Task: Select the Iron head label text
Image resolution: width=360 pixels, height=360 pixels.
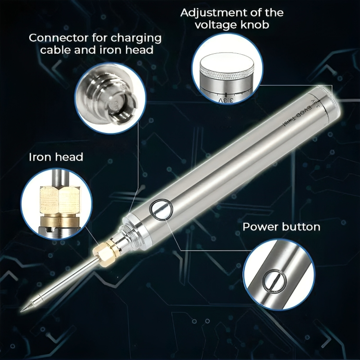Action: [56, 157]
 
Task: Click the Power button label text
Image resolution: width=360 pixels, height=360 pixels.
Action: [281, 227]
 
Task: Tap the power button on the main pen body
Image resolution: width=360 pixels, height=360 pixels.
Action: [160, 209]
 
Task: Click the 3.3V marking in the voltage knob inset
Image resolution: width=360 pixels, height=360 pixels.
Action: [226, 99]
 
